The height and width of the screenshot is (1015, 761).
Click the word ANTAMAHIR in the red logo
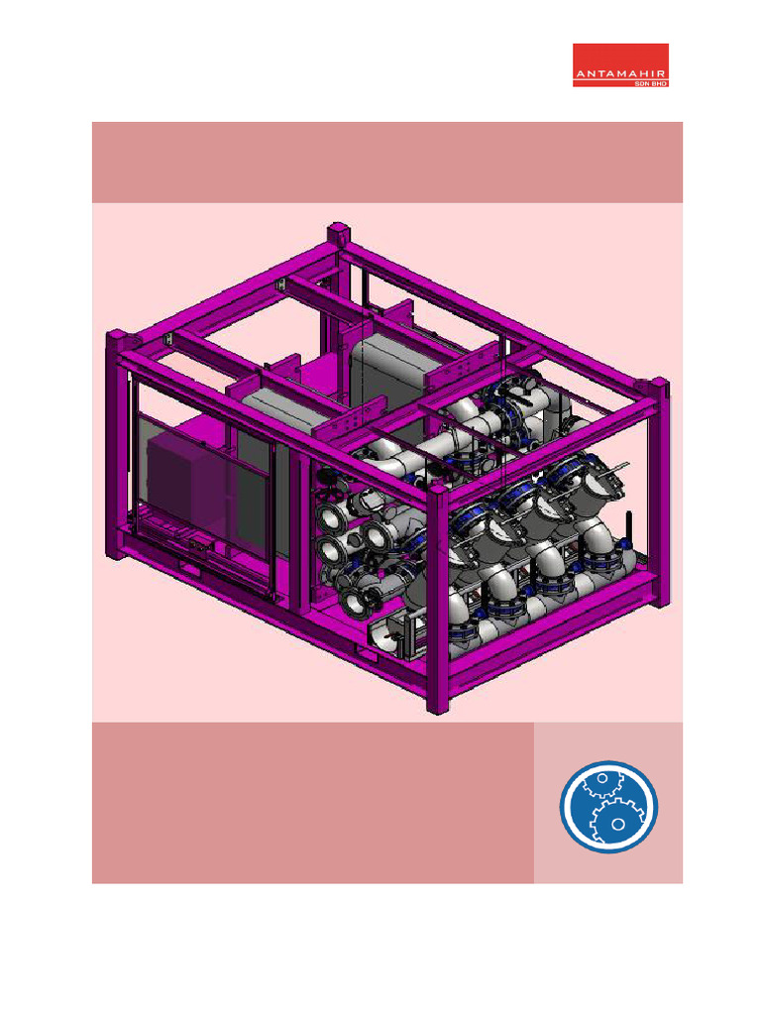620,73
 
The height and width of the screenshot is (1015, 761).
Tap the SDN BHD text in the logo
650,83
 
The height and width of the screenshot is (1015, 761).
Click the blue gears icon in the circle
608,807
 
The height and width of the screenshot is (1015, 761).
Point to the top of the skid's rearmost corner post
339,232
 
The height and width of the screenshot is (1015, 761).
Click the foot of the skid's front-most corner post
438,705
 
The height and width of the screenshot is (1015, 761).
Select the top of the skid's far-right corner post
658,389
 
